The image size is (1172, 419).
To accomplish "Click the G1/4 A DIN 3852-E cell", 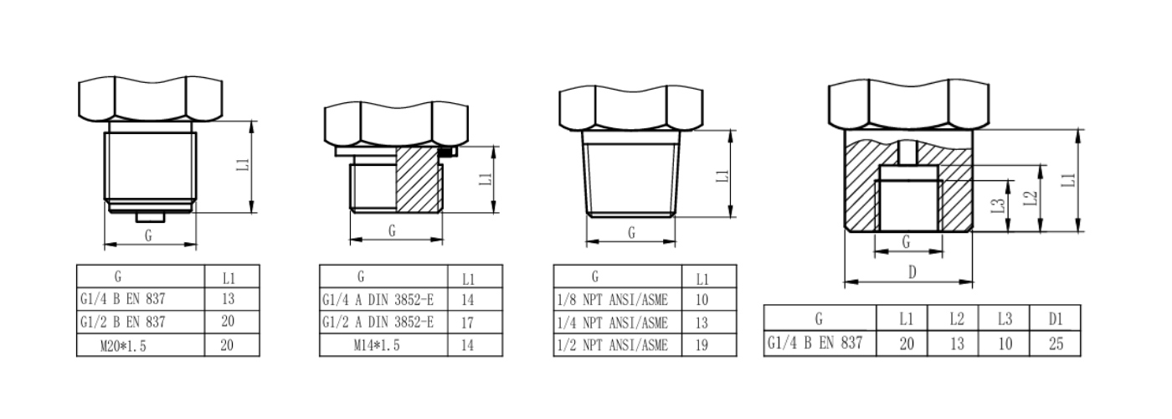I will pyautogui.click(x=378, y=299).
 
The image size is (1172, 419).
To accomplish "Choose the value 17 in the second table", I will pyautogui.click(x=469, y=321).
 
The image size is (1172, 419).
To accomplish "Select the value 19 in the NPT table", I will pyautogui.click(x=702, y=344).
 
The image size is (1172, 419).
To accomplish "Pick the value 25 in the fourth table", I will pyautogui.click(x=1056, y=343).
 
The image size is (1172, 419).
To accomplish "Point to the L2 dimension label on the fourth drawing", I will pyautogui.click(x=1031, y=199).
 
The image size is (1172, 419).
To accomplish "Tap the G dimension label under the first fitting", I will pyautogui.click(x=148, y=235).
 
